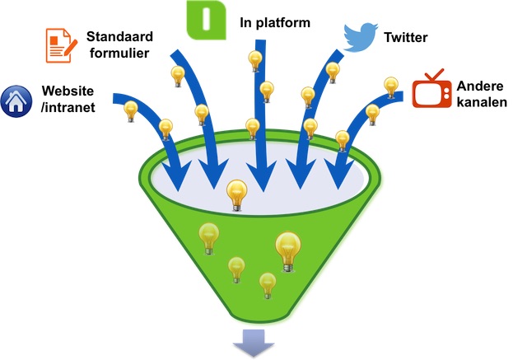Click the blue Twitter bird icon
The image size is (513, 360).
tap(360, 37)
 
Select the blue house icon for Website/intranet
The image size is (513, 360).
tap(16, 101)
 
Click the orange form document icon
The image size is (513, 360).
tap(61, 45)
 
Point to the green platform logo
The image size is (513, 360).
tap(206, 20)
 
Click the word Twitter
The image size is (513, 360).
tap(406, 37)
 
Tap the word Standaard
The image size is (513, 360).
tap(119, 36)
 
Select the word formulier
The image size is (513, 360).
tap(119, 53)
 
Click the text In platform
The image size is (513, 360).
tap(275, 23)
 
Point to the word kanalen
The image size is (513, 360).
tap(482, 102)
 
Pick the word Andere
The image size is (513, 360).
tap(480, 86)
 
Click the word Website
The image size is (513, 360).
tap(68, 91)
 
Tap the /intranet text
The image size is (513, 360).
tap(68, 107)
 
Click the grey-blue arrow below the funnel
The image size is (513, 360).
tap(254, 343)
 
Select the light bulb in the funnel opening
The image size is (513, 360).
tap(237, 195)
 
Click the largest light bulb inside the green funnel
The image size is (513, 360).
tap(288, 252)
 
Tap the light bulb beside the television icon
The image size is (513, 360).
tap(391, 87)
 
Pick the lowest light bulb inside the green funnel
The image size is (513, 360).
tap(268, 286)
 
